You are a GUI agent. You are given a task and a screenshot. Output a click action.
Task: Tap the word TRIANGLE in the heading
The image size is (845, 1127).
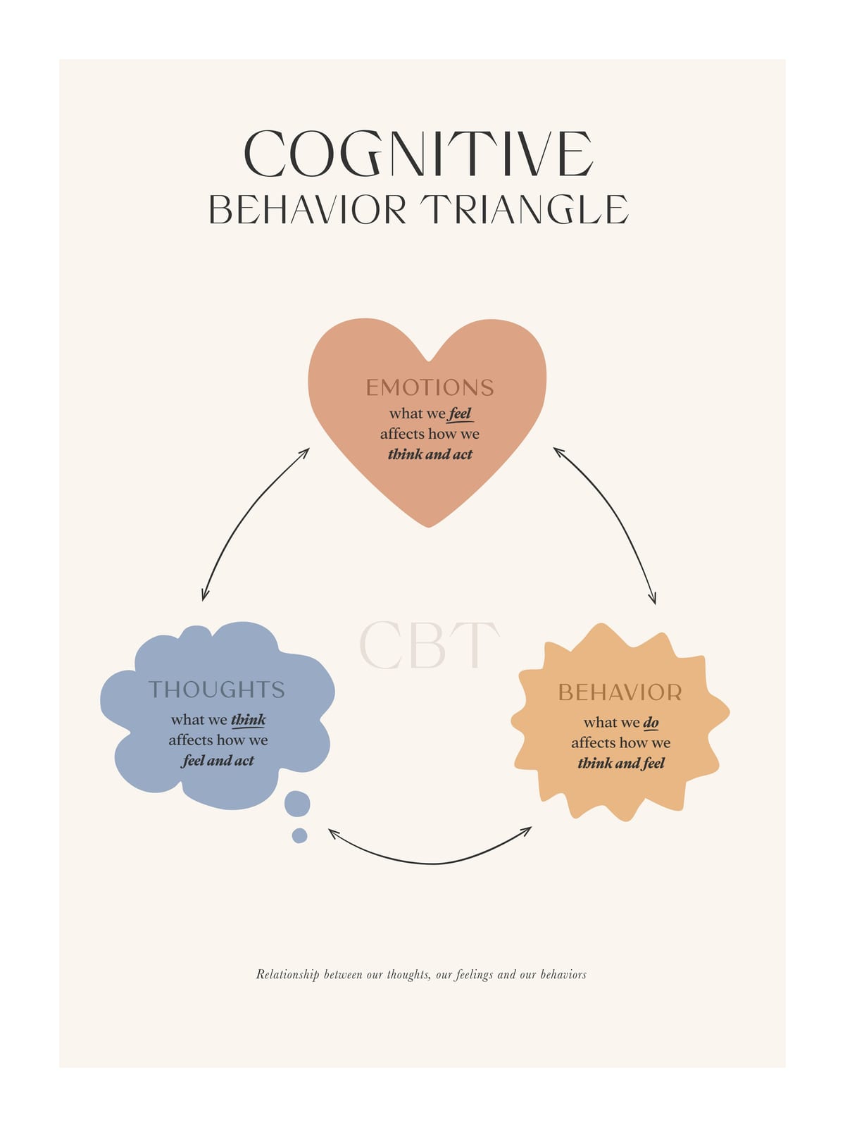coord(525,209)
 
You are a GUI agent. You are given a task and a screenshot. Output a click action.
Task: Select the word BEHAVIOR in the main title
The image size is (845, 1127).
coord(308,209)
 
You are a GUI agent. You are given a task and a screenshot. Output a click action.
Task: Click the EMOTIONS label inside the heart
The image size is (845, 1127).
coord(430,387)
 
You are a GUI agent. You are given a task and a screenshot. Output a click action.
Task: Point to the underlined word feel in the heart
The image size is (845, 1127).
coord(460,414)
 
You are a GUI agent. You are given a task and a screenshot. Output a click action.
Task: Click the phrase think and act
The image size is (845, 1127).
coord(430,454)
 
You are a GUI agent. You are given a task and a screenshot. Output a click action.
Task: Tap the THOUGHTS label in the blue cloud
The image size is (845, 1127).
coord(216,690)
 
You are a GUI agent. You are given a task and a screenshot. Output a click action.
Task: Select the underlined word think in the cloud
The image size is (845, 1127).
coord(249,720)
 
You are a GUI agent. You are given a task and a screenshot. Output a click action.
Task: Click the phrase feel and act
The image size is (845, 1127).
coord(218,761)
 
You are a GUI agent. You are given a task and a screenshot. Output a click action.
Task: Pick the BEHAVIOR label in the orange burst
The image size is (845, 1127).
coord(620,692)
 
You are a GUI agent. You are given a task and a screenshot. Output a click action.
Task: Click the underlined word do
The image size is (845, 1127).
coord(651,723)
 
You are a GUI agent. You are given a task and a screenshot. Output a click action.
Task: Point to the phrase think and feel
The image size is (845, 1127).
coord(621,764)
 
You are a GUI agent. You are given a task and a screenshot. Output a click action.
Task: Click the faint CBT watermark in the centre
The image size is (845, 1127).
coord(429,645)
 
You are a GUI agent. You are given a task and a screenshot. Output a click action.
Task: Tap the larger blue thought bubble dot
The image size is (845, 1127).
coord(297,804)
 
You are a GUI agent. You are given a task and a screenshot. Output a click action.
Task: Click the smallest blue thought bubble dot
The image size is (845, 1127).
coord(300,835)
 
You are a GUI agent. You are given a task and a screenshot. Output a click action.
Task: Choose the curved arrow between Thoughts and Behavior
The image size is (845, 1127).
coord(431,864)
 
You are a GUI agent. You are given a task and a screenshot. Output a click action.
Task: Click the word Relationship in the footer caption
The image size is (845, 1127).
coord(288,975)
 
